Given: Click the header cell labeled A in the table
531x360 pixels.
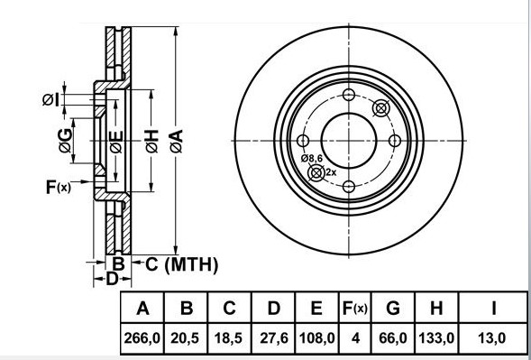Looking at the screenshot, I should coord(142,309).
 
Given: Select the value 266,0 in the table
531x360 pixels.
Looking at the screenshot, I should coord(142,340).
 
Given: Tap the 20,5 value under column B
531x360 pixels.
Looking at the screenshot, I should coord(187,340).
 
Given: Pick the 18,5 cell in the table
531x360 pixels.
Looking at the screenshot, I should coord(230,340).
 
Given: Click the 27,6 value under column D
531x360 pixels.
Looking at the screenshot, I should coord(273,340).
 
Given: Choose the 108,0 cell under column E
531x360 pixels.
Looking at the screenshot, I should coord(316,340).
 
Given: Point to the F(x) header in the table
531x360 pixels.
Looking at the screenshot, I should coord(354,309).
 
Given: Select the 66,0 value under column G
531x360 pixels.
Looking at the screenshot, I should coord(392,340).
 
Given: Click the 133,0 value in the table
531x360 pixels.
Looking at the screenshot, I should coord(436,340).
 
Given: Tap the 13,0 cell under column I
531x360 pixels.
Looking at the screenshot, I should coord(494,340).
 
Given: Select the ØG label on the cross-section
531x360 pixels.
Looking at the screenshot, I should coord(64,139).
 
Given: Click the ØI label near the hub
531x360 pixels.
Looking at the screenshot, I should coord(50,100).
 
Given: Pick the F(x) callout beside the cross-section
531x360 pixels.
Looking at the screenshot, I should coord(58,188).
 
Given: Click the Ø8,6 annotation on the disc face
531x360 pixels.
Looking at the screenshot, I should coord(312,159).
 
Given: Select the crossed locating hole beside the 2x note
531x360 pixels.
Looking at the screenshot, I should coord(316,172).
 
